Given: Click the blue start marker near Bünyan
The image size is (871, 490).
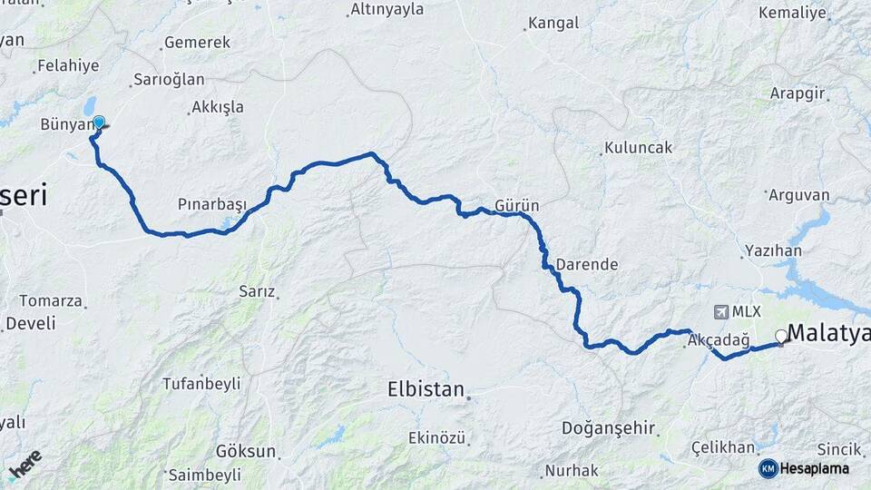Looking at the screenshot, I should pos(98,122).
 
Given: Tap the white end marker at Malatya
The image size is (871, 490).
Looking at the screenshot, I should pos(780,336).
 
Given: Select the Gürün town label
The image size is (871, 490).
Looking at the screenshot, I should pos(517,204).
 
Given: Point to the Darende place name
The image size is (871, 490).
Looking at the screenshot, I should pos(587,265).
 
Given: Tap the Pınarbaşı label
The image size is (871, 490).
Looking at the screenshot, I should pos(212,205).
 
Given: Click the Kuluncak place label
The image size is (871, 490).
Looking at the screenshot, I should pos(640,147).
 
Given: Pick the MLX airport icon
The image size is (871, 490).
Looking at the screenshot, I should pos(721,311).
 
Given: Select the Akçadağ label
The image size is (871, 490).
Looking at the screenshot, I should pos(719,340).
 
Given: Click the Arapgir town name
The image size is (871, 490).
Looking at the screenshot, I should pos(798,93).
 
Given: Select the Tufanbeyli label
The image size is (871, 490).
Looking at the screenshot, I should pos(201,384).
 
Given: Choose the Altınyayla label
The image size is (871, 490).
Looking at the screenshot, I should pos(387,11).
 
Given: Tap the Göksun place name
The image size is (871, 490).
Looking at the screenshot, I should pos(245,451).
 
